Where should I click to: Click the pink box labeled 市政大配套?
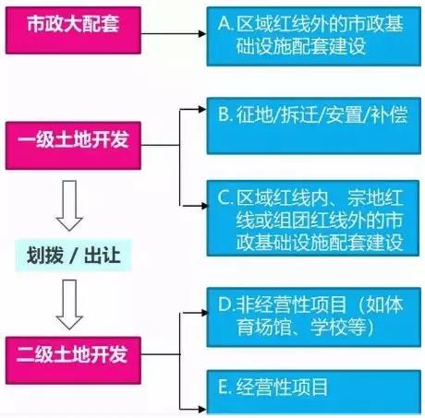tap(73, 30)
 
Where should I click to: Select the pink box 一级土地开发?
tap(73, 146)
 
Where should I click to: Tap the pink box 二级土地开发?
tap(73, 361)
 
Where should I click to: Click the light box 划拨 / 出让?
tap(73, 256)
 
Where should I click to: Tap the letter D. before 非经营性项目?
tap(226, 305)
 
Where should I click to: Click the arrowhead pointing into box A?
tap(202, 33)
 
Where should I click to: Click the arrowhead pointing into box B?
tap(202, 109)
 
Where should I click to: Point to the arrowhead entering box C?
tap(204, 206)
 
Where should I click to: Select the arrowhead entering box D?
tap(204, 313)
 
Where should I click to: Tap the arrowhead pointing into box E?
tap(202, 409)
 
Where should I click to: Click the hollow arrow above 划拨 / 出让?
tap(69, 206)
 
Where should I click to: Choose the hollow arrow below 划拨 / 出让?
tap(69, 305)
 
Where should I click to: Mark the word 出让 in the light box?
tap(103, 256)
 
